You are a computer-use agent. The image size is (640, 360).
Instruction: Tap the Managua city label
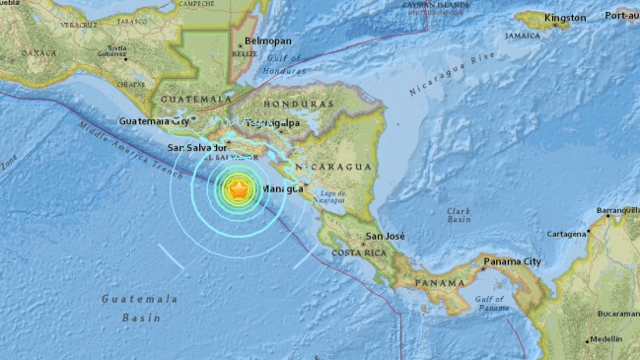click(284, 189)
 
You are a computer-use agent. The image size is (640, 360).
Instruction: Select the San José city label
click(386, 237)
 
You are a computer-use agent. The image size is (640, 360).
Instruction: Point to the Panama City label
click(512, 261)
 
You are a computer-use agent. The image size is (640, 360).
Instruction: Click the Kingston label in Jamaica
click(564, 18)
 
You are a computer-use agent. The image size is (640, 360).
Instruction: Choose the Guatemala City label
click(153, 121)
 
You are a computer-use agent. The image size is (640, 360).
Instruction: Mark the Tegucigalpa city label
click(274, 122)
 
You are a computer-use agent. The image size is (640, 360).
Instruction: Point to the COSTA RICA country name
click(356, 253)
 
